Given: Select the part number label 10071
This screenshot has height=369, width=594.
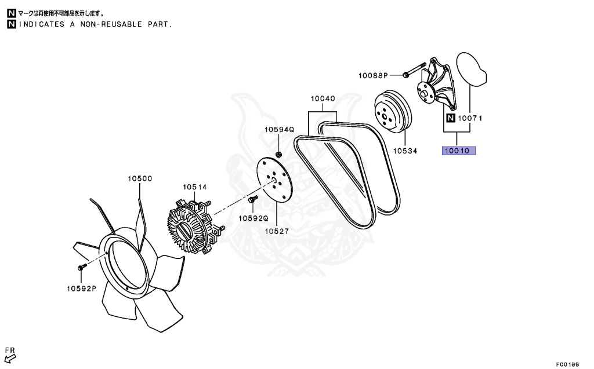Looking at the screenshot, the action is (x=470, y=119).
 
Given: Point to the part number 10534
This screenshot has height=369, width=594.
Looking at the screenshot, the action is (x=405, y=151).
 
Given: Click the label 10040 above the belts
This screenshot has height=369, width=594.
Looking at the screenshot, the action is (x=322, y=99).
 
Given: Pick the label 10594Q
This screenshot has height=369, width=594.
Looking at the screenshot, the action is (x=280, y=130).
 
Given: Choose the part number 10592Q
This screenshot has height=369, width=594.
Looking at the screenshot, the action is (x=253, y=218).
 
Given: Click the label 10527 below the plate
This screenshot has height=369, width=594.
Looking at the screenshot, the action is (x=277, y=231).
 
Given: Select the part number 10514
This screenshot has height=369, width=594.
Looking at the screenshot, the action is (x=195, y=187).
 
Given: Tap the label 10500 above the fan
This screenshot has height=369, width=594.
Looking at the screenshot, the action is (x=140, y=178).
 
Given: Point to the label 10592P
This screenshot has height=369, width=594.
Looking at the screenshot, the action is (x=81, y=288).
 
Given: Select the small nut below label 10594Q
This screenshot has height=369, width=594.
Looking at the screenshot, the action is (x=278, y=154).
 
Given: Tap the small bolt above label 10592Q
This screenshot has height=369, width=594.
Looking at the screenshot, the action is (x=252, y=200).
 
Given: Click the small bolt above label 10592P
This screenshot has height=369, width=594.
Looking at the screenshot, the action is (x=81, y=267).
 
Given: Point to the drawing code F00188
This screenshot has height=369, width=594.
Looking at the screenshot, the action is (x=568, y=364).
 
